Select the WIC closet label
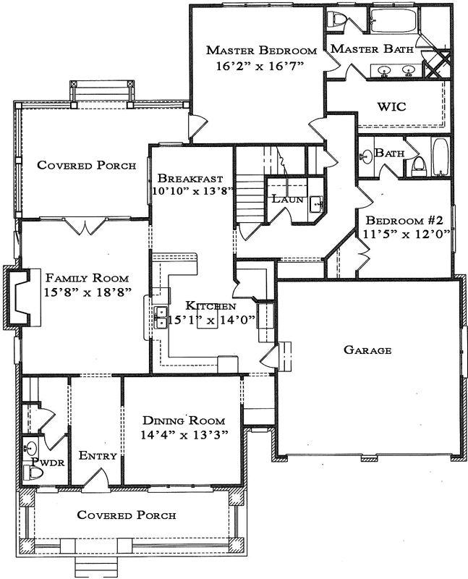pos(391,106)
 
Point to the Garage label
pos(367,350)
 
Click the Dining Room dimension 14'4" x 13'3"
pos(184,435)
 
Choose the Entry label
pos(93,455)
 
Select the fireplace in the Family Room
pos(20,297)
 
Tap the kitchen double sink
pos(160,317)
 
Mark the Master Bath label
pos(372,50)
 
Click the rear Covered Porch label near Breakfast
pos(87,165)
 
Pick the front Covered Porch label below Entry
pos(127,515)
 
